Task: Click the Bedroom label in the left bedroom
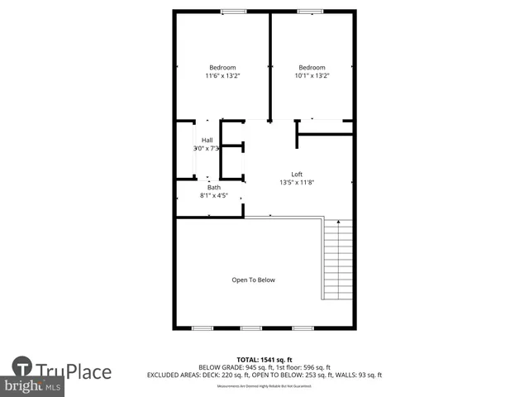coord(222,67)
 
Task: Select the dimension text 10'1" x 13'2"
coord(312,76)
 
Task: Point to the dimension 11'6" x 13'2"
coord(222,76)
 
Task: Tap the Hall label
coord(207,140)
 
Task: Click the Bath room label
coord(213,188)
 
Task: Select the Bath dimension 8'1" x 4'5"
coord(213,196)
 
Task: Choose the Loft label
coord(297,174)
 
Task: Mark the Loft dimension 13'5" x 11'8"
coord(297,183)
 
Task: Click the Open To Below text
coord(253,280)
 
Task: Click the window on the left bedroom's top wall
coord(233,11)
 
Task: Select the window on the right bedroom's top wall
coord(310,11)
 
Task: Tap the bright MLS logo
coord(33,385)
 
